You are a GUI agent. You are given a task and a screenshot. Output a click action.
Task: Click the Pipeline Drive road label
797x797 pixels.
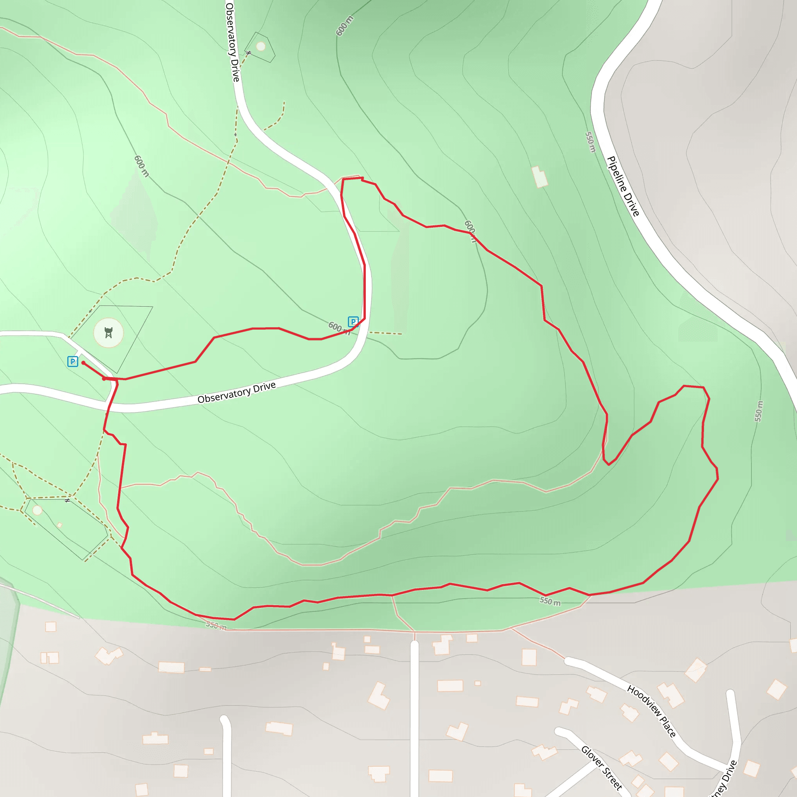point(623,186)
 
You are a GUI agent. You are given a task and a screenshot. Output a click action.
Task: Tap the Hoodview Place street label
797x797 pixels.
point(651,711)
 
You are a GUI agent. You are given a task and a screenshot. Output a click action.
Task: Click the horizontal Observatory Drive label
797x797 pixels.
point(236,392)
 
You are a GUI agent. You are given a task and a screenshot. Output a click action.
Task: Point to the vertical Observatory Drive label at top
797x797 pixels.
point(233,41)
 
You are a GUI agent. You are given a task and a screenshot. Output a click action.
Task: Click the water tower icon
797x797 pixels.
point(109,332)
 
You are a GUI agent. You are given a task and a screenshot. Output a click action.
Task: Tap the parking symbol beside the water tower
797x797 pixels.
point(73,362)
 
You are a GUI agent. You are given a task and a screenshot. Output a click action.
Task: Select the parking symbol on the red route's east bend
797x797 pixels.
point(353,322)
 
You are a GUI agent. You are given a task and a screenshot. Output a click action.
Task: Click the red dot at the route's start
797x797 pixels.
point(83,363)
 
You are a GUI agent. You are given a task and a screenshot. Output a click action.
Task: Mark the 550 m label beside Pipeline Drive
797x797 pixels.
point(591,142)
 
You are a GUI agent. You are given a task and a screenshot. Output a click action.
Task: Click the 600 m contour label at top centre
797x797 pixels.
point(344,26)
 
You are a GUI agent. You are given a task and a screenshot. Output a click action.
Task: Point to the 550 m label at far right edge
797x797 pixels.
point(759,411)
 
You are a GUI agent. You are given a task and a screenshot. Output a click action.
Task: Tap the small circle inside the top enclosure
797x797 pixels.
point(261,46)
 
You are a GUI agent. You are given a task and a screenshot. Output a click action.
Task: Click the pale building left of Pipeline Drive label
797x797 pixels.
point(540,177)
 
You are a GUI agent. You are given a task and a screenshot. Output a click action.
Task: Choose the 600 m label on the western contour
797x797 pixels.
point(142,166)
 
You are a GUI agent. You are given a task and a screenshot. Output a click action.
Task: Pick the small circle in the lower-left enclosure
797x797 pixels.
point(37,510)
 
